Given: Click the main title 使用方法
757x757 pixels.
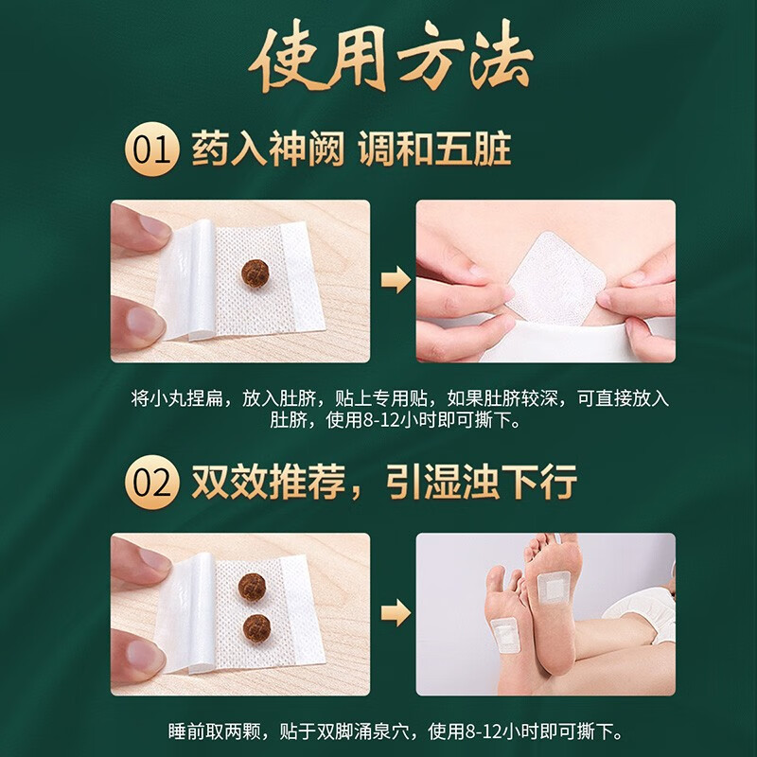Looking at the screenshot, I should (x=378, y=63).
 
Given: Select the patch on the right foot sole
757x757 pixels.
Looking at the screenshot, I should (x=551, y=588).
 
